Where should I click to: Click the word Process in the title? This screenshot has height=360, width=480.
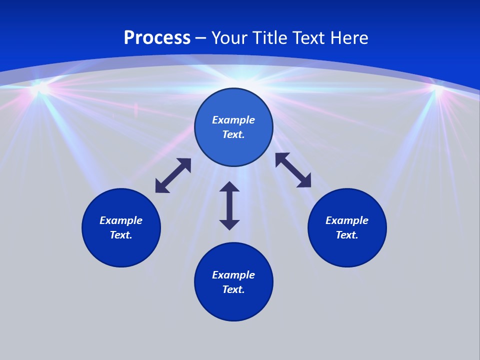tap(157, 38)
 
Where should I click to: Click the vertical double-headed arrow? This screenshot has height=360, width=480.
tap(229, 205)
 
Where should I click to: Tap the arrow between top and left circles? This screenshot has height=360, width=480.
tap(173, 175)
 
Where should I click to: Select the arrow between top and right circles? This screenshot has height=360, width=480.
tap(293, 170)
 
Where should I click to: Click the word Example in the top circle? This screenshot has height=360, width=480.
tap(233, 120)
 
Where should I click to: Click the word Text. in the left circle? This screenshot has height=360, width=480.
tap(121, 235)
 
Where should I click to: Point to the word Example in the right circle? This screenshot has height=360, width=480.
tap(347, 220)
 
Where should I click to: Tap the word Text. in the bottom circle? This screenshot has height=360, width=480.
tap(233, 289)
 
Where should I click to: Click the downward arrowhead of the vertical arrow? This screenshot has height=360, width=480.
tap(229, 224)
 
